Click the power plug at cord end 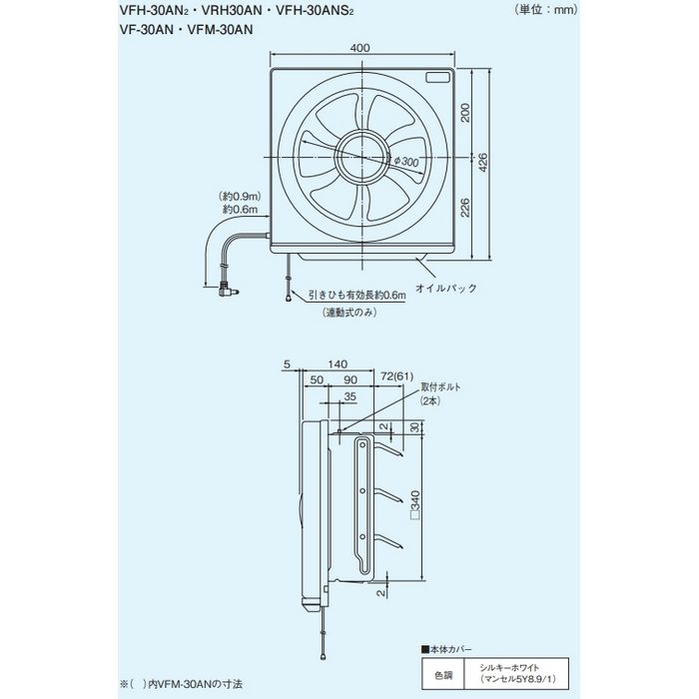229,293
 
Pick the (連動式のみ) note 349,314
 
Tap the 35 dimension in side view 349,396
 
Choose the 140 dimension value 339,365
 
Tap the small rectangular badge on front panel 437,77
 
